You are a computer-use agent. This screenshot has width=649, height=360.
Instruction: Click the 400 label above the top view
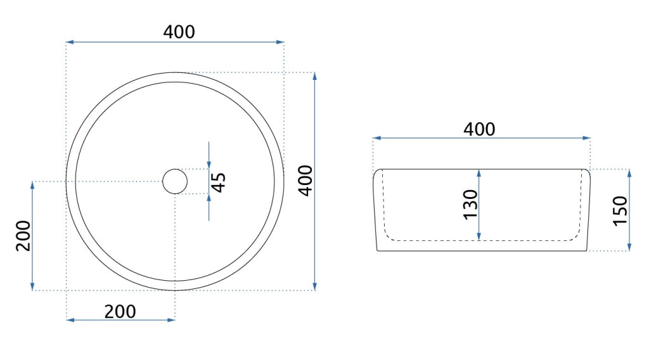179,32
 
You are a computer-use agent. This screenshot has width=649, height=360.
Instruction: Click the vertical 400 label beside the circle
306,181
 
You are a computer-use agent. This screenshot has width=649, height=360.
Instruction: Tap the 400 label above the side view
479,129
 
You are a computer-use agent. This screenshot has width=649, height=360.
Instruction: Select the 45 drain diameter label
219,183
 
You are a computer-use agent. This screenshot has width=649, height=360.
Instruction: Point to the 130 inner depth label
470,205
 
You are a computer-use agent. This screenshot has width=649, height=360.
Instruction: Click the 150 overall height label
620,210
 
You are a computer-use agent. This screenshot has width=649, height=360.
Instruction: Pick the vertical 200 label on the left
23,236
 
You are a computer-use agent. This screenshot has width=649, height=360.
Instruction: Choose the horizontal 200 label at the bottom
120,312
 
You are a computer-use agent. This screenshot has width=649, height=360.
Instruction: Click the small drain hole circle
175,181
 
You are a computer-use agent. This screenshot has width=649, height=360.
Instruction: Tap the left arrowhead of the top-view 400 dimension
70,42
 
